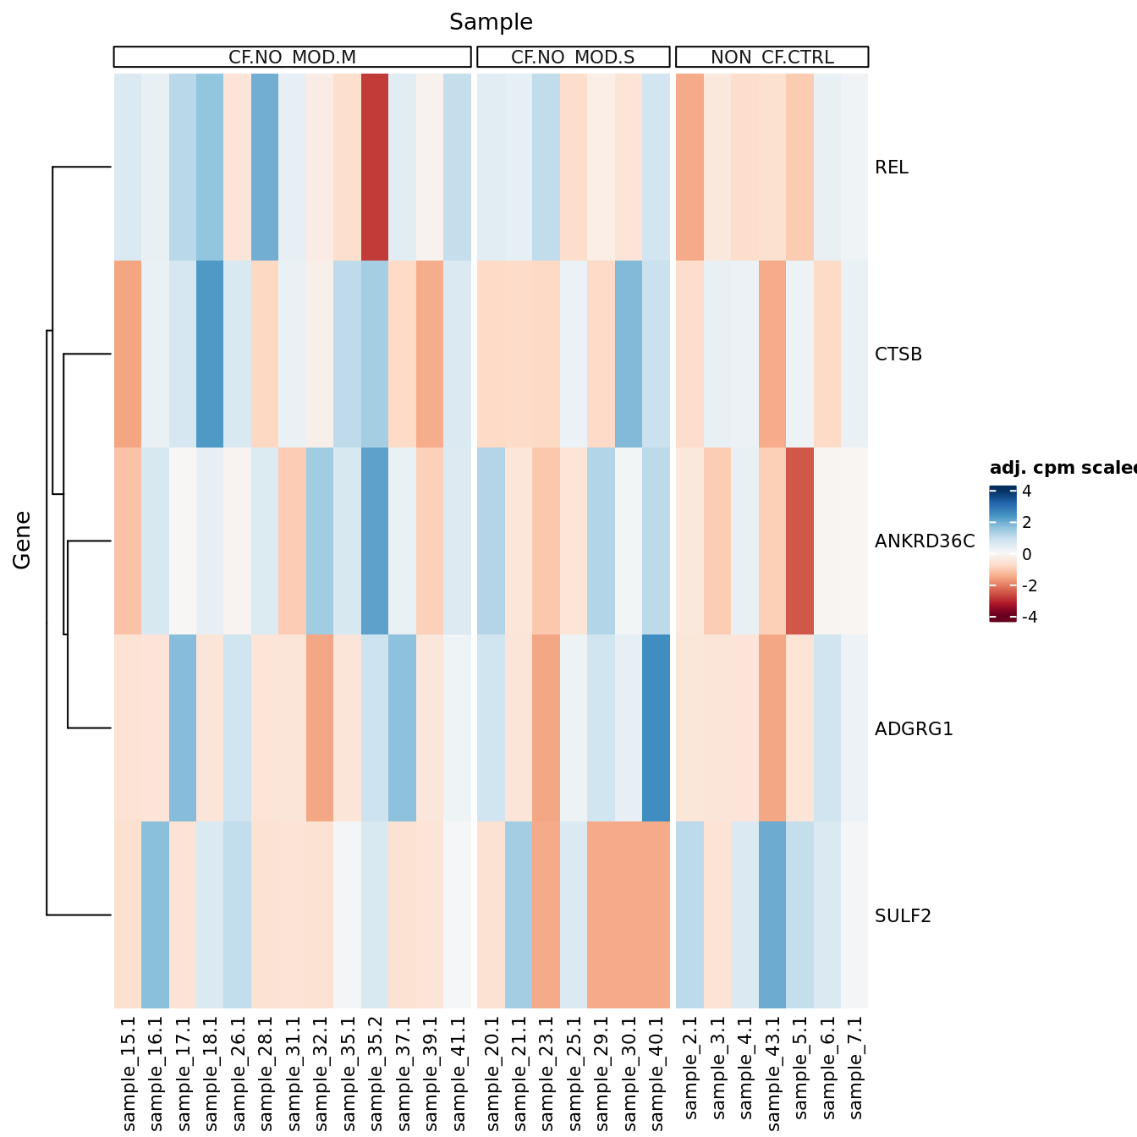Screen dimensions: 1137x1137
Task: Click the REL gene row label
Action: click(x=892, y=168)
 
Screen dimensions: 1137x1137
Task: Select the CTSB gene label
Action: click(x=898, y=354)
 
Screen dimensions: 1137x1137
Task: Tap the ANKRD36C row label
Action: click(x=925, y=541)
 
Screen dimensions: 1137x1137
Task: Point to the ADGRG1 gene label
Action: click(x=914, y=729)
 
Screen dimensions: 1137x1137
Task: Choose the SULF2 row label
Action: click(x=903, y=916)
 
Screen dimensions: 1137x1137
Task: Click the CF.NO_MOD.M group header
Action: click(x=292, y=57)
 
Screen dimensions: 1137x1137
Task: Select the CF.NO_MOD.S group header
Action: click(x=573, y=57)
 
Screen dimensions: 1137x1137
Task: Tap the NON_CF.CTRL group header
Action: click(x=772, y=57)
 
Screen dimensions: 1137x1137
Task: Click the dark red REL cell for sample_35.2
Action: click(x=375, y=168)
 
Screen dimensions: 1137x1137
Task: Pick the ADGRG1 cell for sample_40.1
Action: click(x=656, y=728)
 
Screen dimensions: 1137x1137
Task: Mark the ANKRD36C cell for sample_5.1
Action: click(x=799, y=541)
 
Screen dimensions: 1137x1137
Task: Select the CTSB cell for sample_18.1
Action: click(x=210, y=354)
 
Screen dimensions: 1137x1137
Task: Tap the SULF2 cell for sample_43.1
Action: click(x=772, y=915)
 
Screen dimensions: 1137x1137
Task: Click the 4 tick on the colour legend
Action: click(x=1026, y=492)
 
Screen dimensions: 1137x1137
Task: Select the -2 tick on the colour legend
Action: click(x=1030, y=586)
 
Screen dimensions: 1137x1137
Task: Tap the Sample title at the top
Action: click(x=491, y=22)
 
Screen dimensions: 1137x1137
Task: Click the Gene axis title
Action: click(x=22, y=540)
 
